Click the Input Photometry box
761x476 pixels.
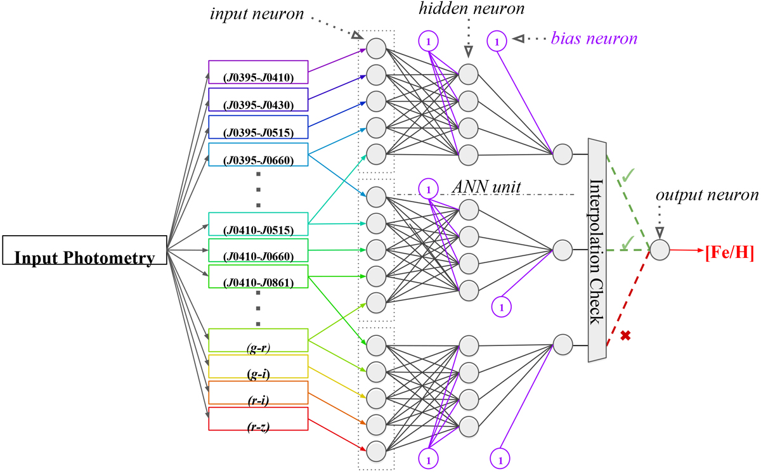click(x=85, y=250)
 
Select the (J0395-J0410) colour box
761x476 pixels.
click(x=258, y=73)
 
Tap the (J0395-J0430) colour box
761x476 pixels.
click(x=258, y=100)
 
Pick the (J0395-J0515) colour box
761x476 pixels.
click(x=258, y=127)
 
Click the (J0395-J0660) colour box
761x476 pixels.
click(x=258, y=154)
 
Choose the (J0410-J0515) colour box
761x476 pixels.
click(x=258, y=224)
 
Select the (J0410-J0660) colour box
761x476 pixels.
click(x=258, y=250)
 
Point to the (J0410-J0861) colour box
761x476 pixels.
click(x=258, y=278)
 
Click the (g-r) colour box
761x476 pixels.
click(x=258, y=340)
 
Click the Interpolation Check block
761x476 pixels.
click(x=598, y=250)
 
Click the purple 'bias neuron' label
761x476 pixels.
click(x=602, y=39)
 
